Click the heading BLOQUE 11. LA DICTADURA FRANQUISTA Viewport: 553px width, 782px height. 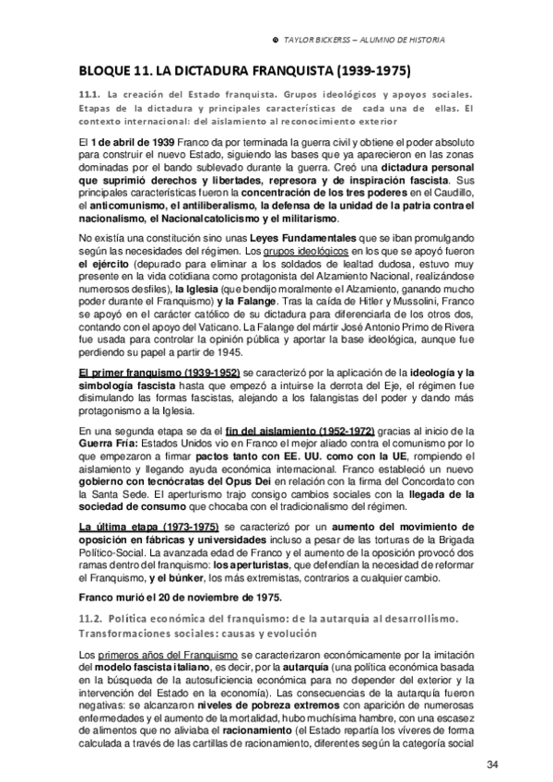click(244, 70)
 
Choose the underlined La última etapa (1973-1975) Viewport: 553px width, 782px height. click(141, 528)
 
